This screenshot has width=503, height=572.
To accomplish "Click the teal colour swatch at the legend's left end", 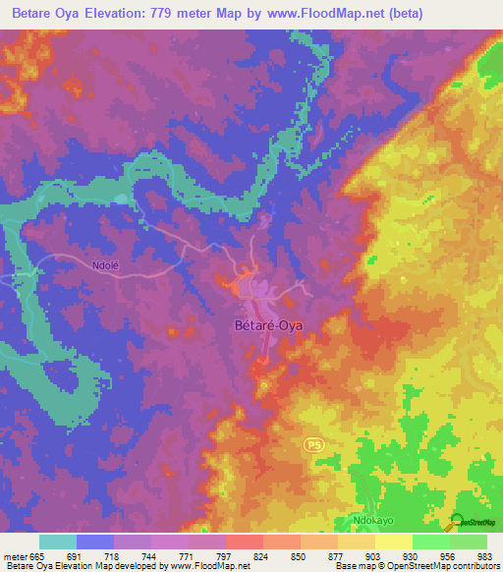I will pos(57,542).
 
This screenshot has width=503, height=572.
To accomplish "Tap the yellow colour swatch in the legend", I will pos(393,542).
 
